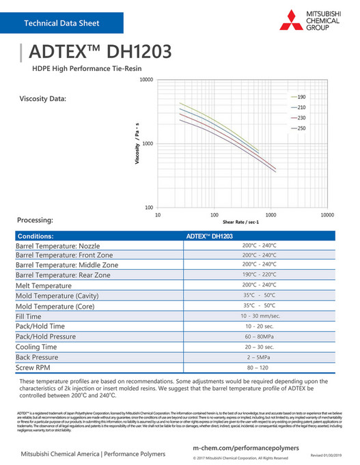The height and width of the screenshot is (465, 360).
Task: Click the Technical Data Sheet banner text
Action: (61, 23)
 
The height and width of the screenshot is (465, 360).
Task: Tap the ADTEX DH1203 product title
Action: (102, 53)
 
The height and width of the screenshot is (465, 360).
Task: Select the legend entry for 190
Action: (301, 97)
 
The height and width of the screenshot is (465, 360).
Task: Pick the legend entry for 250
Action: (301, 128)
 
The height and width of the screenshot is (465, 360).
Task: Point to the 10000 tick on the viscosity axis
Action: (143, 80)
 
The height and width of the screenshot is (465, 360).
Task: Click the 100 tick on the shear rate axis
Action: (214, 214)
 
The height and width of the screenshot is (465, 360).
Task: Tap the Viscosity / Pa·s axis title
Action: (137, 143)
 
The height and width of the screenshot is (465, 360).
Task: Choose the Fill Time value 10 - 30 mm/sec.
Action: (260, 316)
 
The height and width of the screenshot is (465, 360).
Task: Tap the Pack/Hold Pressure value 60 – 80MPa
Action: (260, 337)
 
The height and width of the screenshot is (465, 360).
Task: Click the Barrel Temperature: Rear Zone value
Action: (260, 274)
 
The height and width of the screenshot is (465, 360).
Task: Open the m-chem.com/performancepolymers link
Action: (246, 446)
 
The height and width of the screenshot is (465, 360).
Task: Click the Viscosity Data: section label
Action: (43, 99)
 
